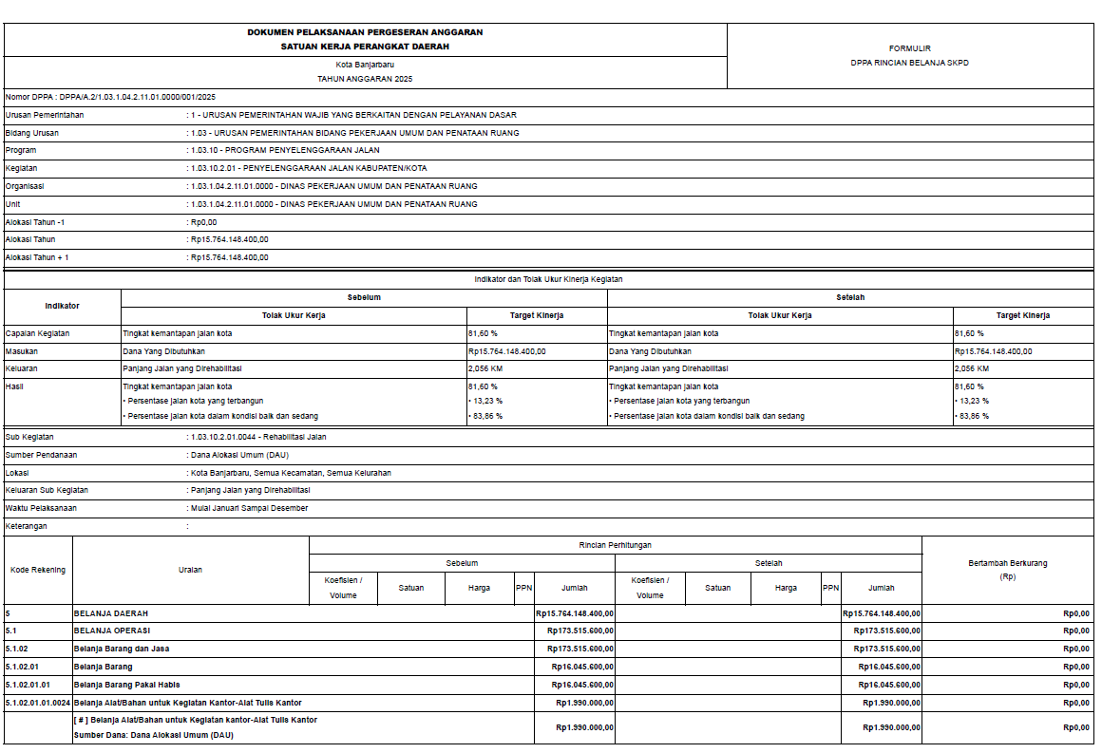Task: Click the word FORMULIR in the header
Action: pos(909,47)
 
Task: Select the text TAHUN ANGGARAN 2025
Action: pos(365,79)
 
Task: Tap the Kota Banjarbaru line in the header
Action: pos(365,64)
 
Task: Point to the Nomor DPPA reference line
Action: pos(111,97)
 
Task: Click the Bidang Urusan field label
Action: pos(32,133)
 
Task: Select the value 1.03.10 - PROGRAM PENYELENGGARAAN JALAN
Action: pos(285,150)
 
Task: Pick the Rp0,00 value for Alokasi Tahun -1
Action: pos(204,221)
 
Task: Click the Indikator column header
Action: pos(63,306)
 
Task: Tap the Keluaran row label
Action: pos(22,368)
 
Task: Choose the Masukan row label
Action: pos(22,351)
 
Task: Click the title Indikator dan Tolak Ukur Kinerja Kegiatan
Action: pos(548,279)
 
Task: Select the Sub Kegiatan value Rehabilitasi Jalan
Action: pos(258,438)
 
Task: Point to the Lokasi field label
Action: pos(18,473)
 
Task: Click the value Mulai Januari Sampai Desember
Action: pos(249,508)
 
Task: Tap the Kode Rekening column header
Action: pos(38,570)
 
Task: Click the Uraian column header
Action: pos(190,570)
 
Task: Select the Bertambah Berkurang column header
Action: pos(1007,563)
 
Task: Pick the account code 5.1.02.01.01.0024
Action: pos(38,703)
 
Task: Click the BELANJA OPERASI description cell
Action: pos(112,631)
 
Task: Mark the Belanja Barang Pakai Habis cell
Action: pos(127,685)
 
